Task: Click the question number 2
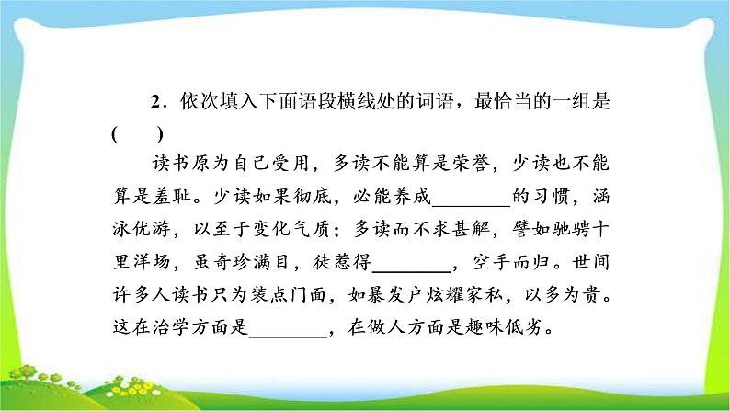click(156, 102)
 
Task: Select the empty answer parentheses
click(137, 134)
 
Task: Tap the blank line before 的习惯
click(472, 205)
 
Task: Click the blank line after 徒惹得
click(412, 270)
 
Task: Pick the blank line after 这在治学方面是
click(288, 336)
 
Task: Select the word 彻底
click(312, 197)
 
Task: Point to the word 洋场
click(152, 262)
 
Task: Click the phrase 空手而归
click(511, 262)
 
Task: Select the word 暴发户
click(394, 294)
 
